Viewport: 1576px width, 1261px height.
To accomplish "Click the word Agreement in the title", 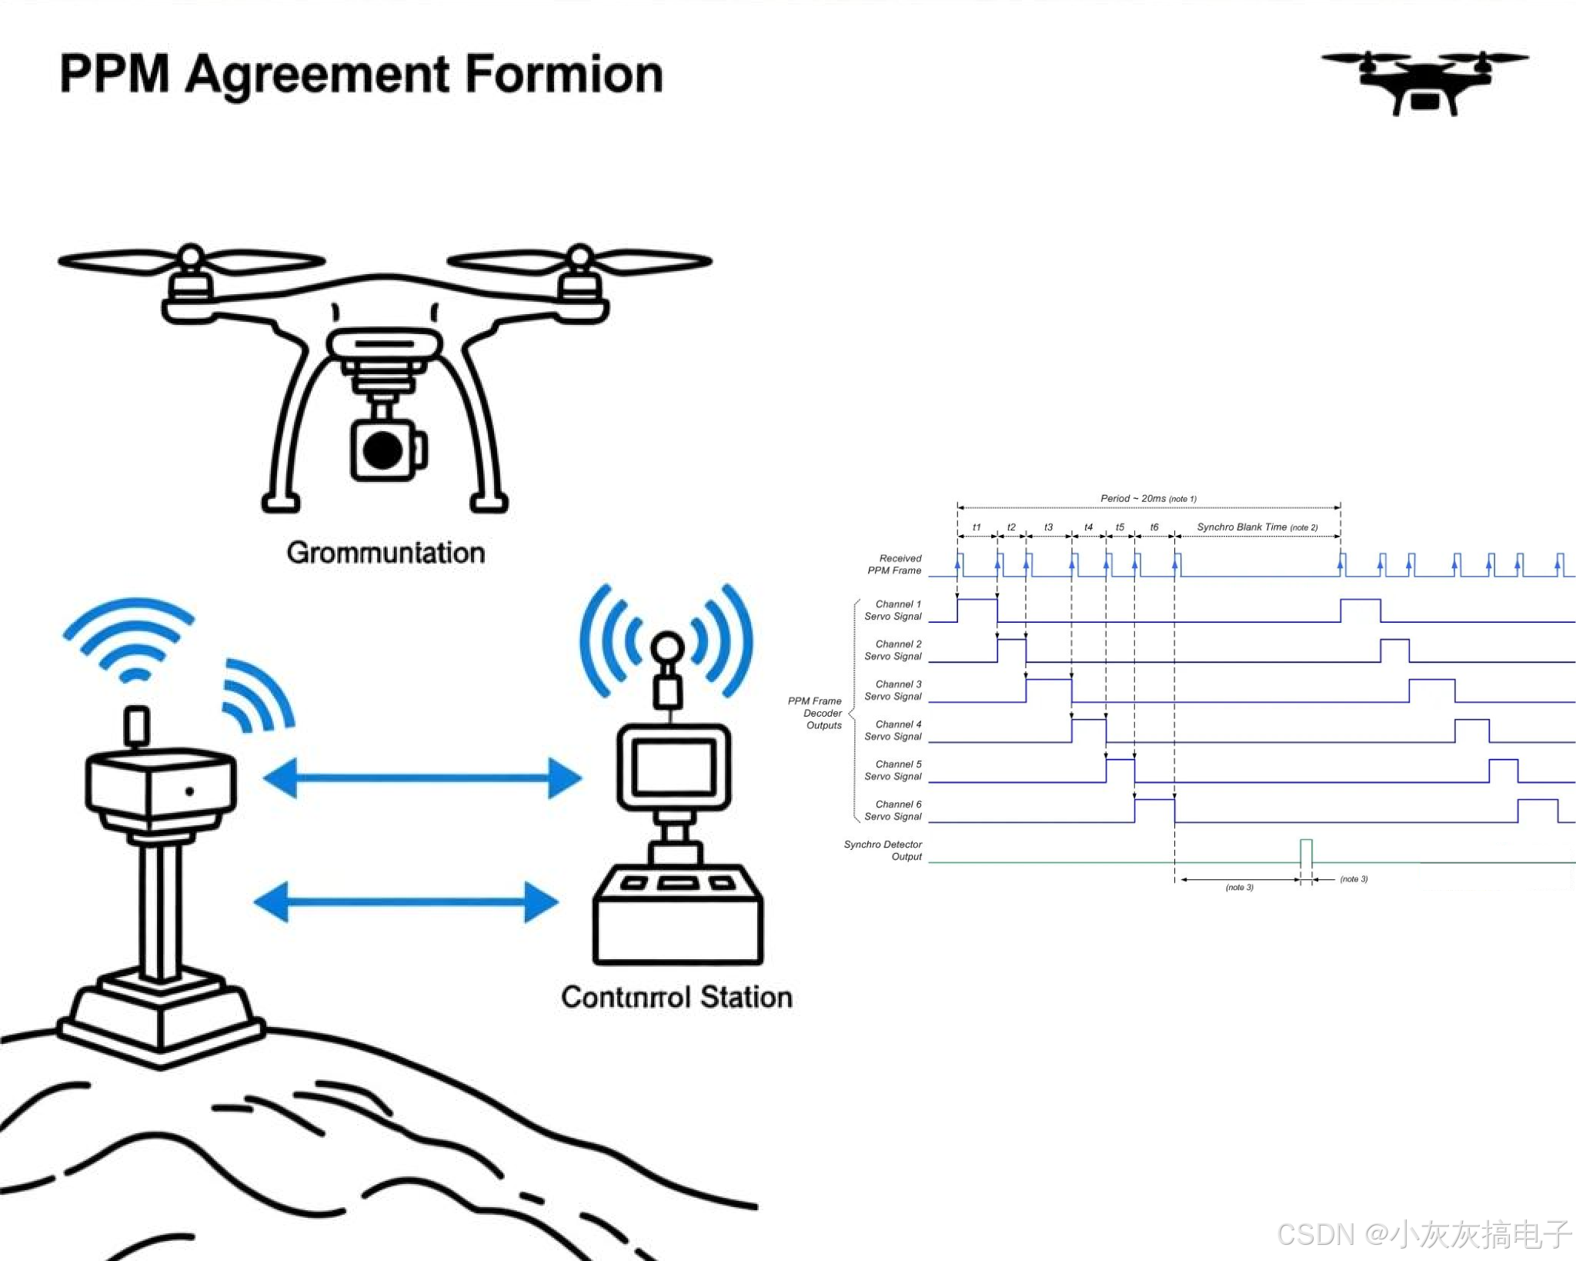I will pyautogui.click(x=317, y=75).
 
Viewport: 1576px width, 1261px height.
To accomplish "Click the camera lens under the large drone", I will pyautogui.click(x=382, y=450).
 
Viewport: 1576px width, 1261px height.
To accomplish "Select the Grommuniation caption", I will pyautogui.click(x=386, y=553).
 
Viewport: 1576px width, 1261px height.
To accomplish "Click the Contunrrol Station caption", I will pyautogui.click(x=676, y=997).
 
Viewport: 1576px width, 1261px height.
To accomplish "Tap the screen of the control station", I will pyautogui.click(x=673, y=768).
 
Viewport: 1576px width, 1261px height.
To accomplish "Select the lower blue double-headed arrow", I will pyautogui.click(x=406, y=901).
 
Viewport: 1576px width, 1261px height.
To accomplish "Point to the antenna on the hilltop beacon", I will pyautogui.click(x=137, y=725).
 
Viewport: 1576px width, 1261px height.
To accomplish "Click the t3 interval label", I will pyautogui.click(x=1048, y=527).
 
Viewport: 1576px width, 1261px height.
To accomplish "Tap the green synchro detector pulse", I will pyautogui.click(x=1306, y=851).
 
